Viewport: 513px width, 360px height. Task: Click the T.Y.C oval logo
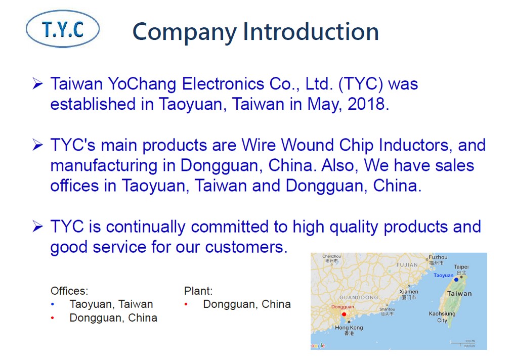(x=63, y=29)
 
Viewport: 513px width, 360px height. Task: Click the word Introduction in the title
(x=311, y=32)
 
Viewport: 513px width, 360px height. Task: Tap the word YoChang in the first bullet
(x=142, y=84)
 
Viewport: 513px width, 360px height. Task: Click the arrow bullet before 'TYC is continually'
(x=37, y=227)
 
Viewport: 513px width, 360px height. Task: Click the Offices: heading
(x=69, y=291)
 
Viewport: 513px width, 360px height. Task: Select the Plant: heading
(x=198, y=291)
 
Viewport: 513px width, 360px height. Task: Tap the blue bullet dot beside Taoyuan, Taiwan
(x=53, y=304)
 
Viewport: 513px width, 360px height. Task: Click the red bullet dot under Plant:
(x=186, y=304)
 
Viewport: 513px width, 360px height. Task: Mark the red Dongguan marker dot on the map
(x=344, y=314)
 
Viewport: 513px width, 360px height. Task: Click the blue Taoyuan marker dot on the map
(x=456, y=280)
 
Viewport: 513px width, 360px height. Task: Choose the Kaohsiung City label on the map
(x=442, y=317)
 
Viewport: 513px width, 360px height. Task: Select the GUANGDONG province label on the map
(x=359, y=297)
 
